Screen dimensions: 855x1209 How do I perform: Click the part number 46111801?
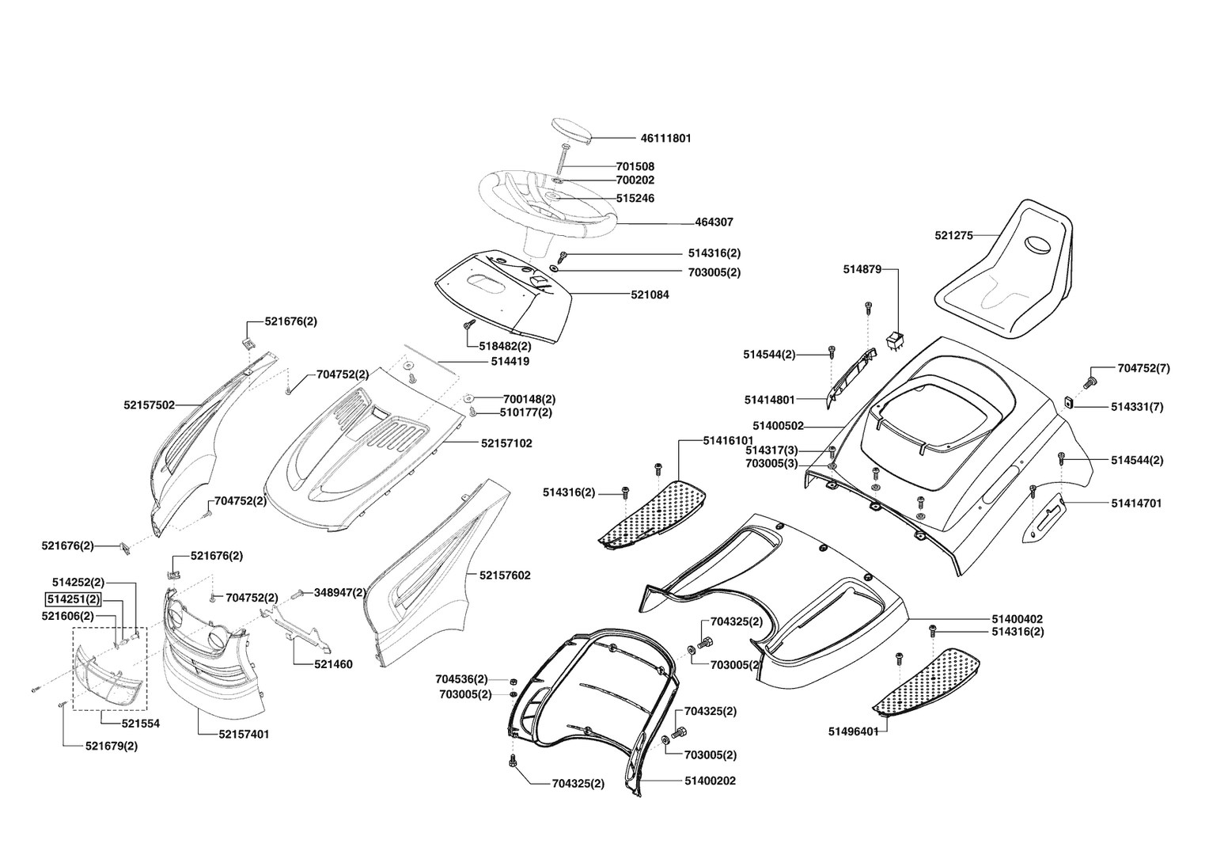click(665, 138)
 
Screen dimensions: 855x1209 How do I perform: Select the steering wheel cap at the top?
click(571, 129)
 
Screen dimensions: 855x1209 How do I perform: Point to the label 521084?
click(650, 294)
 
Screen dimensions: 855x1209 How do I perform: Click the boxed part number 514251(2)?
click(72, 598)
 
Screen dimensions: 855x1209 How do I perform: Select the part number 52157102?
click(506, 443)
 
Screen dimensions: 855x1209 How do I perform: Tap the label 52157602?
click(505, 576)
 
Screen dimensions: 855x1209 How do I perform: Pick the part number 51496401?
click(854, 731)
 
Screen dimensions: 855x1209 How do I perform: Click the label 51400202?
click(711, 781)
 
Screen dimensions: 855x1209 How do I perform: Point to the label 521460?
click(332, 664)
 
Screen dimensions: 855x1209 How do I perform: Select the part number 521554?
click(141, 724)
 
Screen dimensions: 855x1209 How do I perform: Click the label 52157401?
click(244, 734)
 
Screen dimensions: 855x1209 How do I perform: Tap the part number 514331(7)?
click(1137, 407)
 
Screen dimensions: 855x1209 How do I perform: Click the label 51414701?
click(1136, 503)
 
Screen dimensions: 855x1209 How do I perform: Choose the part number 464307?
click(714, 222)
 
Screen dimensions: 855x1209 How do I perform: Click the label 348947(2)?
click(340, 592)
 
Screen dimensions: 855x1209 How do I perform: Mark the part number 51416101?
click(728, 440)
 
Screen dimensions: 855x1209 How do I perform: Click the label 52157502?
click(149, 405)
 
